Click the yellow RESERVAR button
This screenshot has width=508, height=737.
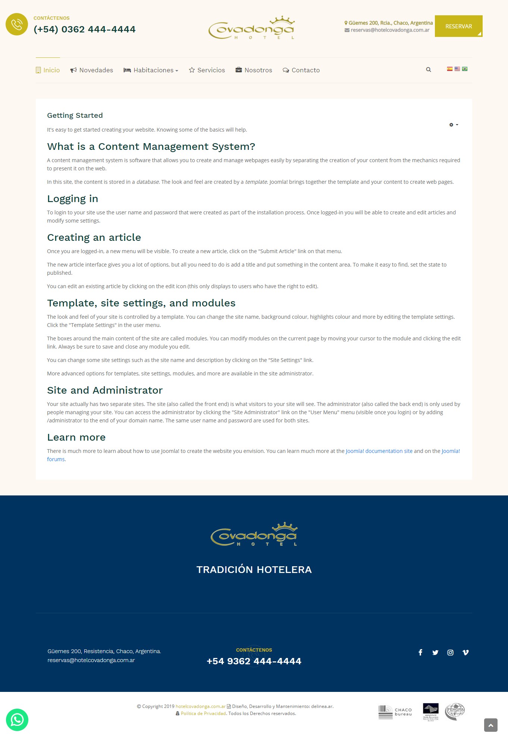(x=458, y=26)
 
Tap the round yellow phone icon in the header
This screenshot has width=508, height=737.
(x=17, y=25)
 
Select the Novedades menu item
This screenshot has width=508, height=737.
(x=92, y=70)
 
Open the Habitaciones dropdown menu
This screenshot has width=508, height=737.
(x=151, y=70)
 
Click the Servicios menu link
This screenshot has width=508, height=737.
(x=207, y=70)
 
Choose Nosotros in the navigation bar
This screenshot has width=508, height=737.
(x=254, y=70)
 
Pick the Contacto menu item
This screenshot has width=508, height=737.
(x=301, y=70)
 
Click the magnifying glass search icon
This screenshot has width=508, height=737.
(x=429, y=70)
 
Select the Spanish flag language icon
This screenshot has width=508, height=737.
(x=450, y=69)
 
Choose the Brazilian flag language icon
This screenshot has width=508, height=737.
(x=465, y=69)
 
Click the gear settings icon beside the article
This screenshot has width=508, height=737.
(x=453, y=125)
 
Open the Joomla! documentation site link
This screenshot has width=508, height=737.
(x=379, y=451)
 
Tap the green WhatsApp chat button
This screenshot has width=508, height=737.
(x=17, y=719)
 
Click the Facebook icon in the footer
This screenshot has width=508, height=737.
(x=420, y=652)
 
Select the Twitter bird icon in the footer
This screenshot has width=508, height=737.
(x=435, y=652)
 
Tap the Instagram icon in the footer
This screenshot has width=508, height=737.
(x=451, y=652)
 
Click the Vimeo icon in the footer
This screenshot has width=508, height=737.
(x=465, y=652)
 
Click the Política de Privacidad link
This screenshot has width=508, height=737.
(x=203, y=714)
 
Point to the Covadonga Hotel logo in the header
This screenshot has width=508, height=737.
(x=252, y=28)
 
